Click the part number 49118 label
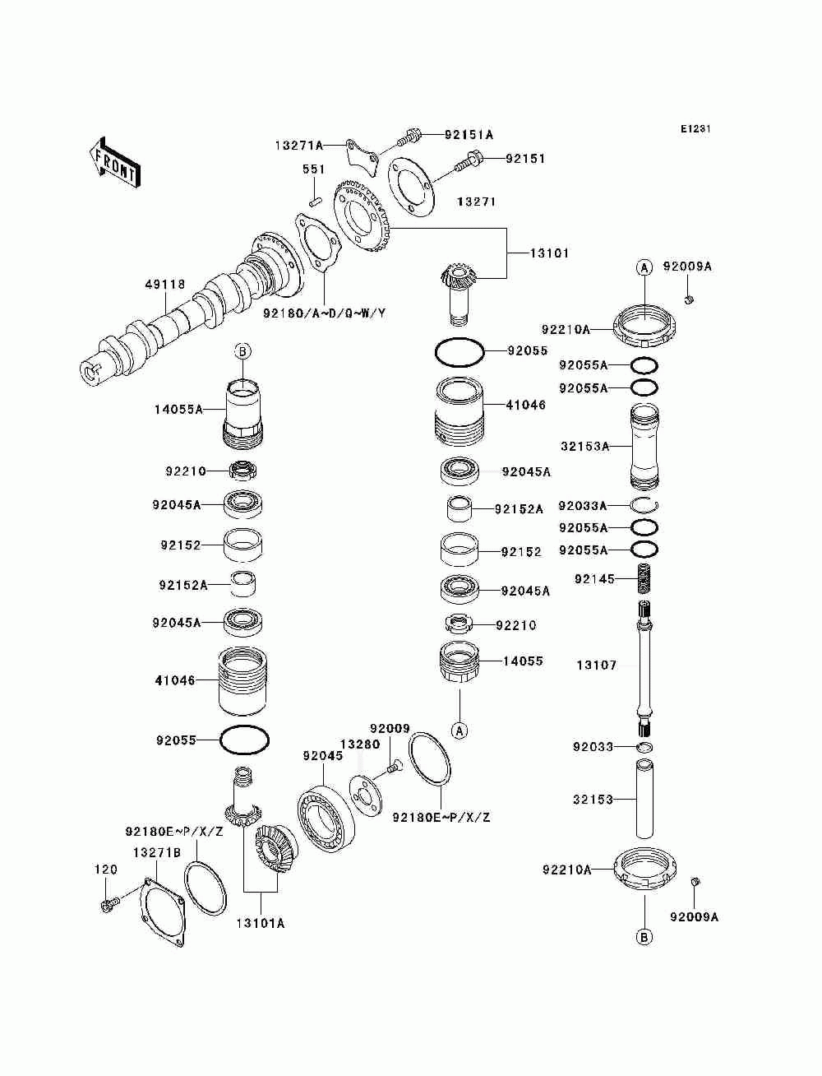164,285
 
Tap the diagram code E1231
695,129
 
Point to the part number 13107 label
596,665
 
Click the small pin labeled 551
313,198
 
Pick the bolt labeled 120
106,906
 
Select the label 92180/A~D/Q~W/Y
325,313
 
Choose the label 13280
360,744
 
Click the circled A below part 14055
459,730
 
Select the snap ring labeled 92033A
645,505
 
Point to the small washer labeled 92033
645,747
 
